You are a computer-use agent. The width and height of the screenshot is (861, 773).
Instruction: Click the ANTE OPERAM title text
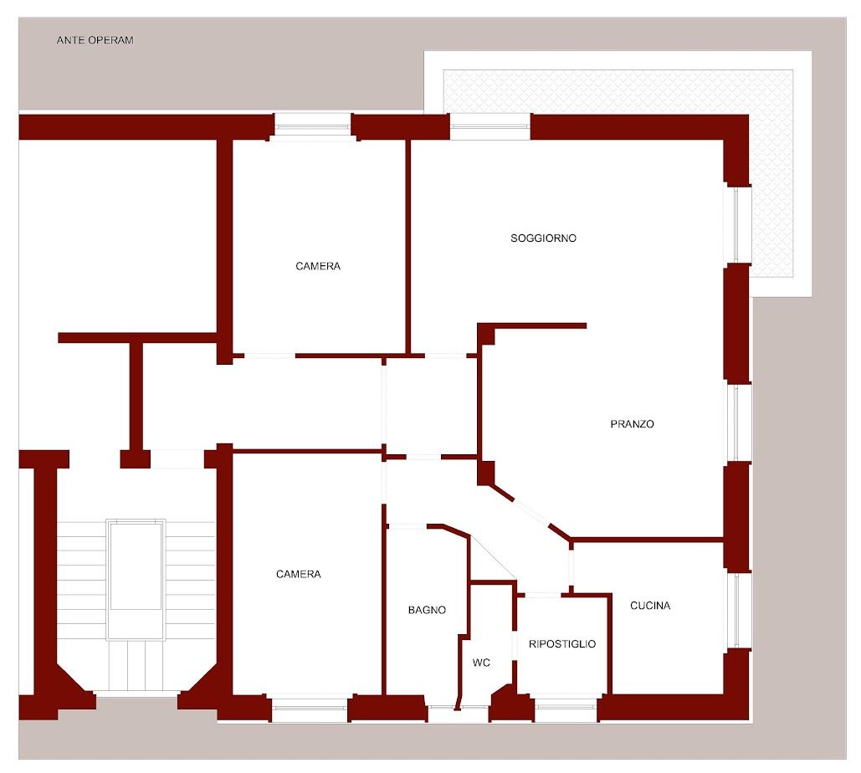[95, 40]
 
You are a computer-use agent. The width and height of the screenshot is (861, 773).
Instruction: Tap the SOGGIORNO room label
[543, 238]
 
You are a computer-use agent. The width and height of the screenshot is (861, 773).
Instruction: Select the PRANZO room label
[632, 424]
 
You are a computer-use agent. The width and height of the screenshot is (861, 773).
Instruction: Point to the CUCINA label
[650, 606]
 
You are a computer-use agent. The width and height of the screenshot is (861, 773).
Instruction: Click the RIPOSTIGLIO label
[561, 644]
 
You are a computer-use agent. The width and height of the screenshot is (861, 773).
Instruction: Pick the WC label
[481, 663]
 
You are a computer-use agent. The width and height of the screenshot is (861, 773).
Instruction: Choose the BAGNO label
[427, 610]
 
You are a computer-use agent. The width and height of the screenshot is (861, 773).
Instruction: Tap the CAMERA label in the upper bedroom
[318, 266]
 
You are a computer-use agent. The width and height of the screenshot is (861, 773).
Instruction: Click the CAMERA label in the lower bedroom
[298, 574]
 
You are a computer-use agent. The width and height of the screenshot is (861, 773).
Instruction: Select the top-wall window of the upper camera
[312, 127]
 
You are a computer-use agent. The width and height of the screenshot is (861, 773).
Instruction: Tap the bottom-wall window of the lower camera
[310, 709]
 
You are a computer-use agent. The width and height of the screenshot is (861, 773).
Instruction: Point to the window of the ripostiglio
[566, 709]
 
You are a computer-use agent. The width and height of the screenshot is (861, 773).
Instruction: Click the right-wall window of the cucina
[737, 610]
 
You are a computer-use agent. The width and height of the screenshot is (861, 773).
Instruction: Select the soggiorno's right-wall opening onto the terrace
[737, 224]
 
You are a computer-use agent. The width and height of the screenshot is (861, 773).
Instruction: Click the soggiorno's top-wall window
[490, 127]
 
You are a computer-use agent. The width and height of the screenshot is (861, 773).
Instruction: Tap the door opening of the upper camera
[269, 356]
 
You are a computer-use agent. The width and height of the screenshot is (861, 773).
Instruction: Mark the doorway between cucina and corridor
[571, 567]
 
